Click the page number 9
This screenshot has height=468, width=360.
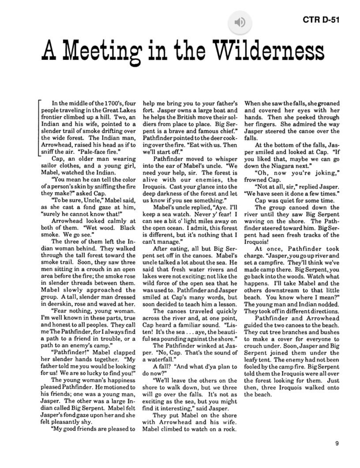337,444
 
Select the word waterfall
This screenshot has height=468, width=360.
157,359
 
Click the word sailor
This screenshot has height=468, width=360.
51,166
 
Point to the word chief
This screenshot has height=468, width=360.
226,131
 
